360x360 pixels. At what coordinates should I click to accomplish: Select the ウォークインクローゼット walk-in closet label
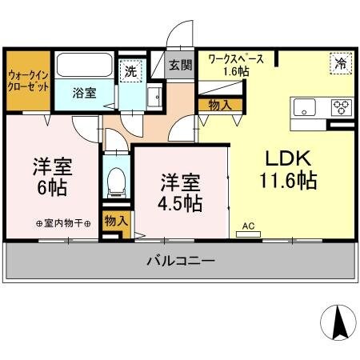[27, 82]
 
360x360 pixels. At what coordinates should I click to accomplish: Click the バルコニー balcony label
[179, 260]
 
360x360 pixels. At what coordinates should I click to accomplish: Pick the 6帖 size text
[53, 190]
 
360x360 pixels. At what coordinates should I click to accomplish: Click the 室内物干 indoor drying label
[64, 223]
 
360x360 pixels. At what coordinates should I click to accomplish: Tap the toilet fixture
[116, 180]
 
